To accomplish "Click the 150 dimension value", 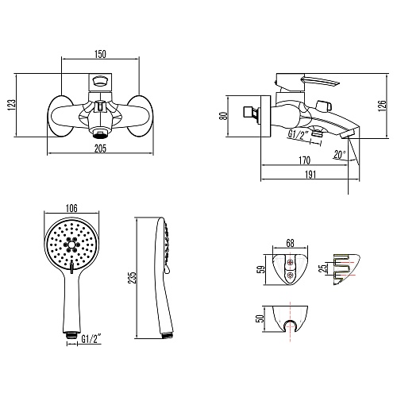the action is [x=100, y=54].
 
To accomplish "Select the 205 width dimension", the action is [x=100, y=148].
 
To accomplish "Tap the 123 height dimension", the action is [x=11, y=105].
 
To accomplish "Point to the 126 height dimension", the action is [x=382, y=106].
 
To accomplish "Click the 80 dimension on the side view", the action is [x=225, y=116].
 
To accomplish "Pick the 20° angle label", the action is [x=340, y=155].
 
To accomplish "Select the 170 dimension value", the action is [x=304, y=160].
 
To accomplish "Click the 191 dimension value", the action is [x=310, y=175].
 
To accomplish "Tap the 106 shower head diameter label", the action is [x=71, y=208].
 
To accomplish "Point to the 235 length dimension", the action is [x=132, y=278].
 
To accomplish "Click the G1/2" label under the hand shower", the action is [x=91, y=339].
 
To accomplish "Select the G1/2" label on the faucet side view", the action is [x=299, y=134].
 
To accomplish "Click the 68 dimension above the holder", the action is [x=290, y=243].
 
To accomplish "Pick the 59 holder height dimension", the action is [x=260, y=270].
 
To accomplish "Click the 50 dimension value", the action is [x=260, y=318].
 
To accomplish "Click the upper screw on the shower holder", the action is [x=291, y=262].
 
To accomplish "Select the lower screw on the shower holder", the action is [x=291, y=275].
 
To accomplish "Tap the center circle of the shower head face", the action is [x=71, y=245].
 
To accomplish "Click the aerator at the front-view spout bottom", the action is [x=100, y=133].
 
